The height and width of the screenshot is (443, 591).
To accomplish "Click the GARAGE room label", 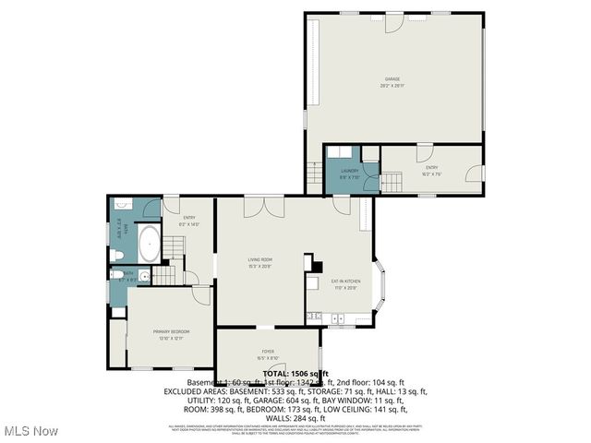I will point(394,82).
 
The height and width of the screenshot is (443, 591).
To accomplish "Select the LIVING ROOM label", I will point(259,263).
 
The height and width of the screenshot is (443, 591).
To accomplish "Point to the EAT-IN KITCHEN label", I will point(345,285).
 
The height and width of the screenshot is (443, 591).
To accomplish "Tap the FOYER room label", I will point(268,354).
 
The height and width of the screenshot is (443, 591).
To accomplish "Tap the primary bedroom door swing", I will point(201,296).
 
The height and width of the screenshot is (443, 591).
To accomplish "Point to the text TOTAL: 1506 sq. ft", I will point(295,373).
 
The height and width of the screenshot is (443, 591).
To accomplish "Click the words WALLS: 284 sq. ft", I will point(295,417).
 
